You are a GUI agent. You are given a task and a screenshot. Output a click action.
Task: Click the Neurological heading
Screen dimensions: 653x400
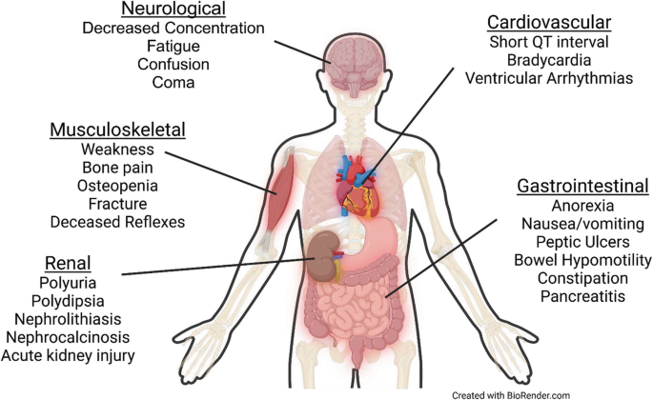point(173,10)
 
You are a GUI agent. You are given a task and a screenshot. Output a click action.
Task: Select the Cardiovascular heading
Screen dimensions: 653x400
point(548,21)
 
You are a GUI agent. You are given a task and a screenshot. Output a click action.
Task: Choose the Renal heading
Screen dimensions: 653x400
point(67,262)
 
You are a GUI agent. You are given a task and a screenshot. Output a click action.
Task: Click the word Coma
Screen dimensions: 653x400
point(173,83)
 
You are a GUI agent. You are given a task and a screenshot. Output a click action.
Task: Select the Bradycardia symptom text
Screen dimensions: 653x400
point(548,59)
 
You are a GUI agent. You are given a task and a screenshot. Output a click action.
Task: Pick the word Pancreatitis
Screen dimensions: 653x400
point(582,296)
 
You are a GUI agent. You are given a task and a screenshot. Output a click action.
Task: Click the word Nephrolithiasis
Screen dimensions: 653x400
point(68,319)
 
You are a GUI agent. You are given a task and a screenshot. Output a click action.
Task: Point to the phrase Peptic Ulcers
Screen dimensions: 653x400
point(582,241)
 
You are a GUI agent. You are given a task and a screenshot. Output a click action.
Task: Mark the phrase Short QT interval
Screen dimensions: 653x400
point(548,41)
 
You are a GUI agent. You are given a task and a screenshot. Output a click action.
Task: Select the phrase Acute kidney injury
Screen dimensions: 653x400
point(68,356)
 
